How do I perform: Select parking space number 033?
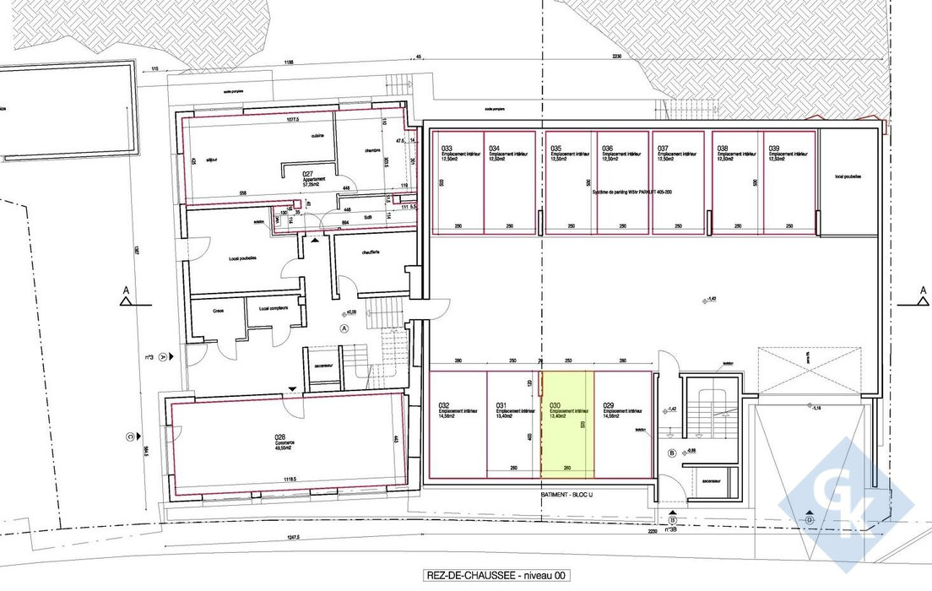coord(457,182)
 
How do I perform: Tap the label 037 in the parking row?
coord(664,148)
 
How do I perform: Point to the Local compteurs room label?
coord(274,308)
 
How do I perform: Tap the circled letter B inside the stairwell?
coord(671,453)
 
